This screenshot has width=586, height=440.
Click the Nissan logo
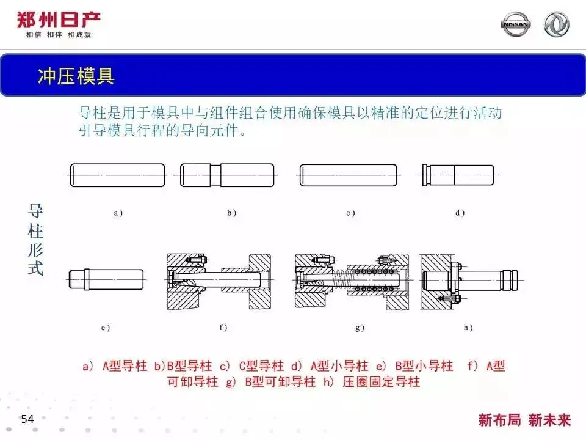coord(515,24)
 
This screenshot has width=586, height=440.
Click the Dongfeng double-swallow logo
coord(556,24)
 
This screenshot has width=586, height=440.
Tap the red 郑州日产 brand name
coord(59,20)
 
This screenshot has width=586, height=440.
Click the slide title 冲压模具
coord(76,76)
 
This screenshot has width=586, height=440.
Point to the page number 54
coord(27,419)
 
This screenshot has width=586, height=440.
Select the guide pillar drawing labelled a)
coord(117,175)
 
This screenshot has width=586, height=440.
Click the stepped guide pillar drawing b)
coord(227,175)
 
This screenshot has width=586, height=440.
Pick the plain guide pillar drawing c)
coord(349,175)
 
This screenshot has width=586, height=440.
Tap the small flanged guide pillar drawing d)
coord(458,175)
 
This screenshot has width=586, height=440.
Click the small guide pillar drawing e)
coord(106,279)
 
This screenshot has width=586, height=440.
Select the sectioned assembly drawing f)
coord(219,281)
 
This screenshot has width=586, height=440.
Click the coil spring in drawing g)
coord(340,279)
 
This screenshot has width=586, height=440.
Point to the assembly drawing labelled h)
coord(471,281)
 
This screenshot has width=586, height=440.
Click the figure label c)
coord(350,213)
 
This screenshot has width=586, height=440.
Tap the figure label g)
coord(360,328)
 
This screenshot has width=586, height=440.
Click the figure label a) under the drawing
coord(118,213)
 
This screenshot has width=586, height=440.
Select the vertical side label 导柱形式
coord(35,240)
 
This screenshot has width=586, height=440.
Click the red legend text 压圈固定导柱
coord(381,381)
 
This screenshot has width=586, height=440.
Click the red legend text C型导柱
coord(262,365)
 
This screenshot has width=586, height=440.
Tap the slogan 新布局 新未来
coord(524,420)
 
